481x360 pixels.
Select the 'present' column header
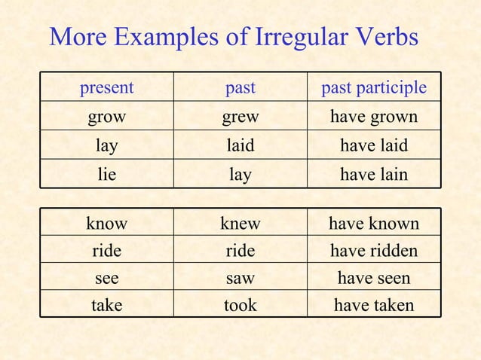pyautogui.click(x=107, y=88)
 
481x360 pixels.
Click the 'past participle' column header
pyautogui.click(x=374, y=88)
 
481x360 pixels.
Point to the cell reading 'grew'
pyautogui.click(x=240, y=117)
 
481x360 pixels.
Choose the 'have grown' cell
pyautogui.click(x=374, y=117)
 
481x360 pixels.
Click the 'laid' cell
pyautogui.click(x=240, y=145)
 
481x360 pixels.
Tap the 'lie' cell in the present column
pyautogui.click(x=107, y=175)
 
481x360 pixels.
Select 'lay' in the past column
pyautogui.click(x=240, y=175)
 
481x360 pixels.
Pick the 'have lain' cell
pyautogui.click(x=374, y=175)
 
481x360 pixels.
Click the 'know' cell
pyautogui.click(x=107, y=223)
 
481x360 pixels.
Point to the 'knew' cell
pyautogui.click(x=240, y=223)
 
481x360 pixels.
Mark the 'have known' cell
pyautogui.click(x=374, y=223)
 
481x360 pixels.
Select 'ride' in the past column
pyautogui.click(x=240, y=250)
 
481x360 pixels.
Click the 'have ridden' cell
pyautogui.click(x=374, y=250)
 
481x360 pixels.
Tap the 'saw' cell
pyautogui.click(x=240, y=278)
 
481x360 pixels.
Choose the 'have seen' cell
pyautogui.click(x=374, y=278)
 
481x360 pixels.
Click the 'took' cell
pyautogui.click(x=240, y=305)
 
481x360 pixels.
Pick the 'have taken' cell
pyautogui.click(x=374, y=305)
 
